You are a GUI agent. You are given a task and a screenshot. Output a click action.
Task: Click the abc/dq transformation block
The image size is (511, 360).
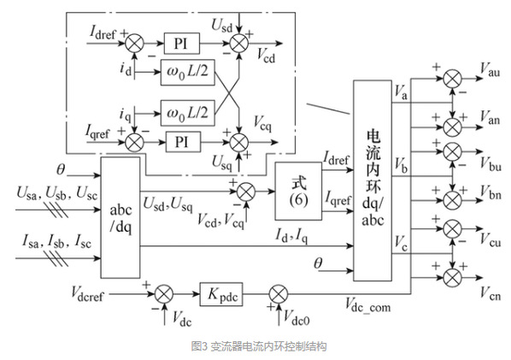[120, 217]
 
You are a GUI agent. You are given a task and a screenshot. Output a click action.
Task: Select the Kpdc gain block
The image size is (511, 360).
[221, 294]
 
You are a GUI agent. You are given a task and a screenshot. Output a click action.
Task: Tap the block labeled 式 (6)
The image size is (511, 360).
[298, 192]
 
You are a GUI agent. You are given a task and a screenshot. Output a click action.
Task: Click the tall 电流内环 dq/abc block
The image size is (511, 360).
[373, 180]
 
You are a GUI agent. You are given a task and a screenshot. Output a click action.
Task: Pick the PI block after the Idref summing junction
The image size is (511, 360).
[181, 44]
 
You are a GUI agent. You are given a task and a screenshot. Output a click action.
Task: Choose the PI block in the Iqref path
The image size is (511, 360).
[183, 142]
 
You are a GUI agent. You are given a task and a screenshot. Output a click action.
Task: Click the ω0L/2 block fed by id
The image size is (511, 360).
[188, 73]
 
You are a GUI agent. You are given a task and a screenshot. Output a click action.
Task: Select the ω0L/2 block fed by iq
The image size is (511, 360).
[188, 113]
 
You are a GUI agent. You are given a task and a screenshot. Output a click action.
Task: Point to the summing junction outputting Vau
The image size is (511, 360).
[452, 79]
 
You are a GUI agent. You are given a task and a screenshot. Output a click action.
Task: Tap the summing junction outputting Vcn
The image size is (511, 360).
[452, 278]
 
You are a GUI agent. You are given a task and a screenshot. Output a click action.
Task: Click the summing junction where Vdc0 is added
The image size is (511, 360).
[279, 294]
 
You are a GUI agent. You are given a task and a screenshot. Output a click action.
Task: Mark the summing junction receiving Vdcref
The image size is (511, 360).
[164, 294]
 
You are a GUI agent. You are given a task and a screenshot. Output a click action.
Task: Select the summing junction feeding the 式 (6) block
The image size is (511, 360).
[246, 192]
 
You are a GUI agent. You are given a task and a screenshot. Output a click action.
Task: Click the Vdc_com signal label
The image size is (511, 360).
[368, 305]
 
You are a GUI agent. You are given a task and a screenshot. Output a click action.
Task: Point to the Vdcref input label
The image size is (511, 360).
[87, 293]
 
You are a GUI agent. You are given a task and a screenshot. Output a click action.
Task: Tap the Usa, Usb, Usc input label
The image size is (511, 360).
[57, 193]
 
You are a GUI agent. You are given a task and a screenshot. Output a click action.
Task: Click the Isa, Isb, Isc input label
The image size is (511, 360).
[56, 242]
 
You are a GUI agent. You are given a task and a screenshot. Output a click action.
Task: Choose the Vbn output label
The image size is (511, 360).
[490, 192]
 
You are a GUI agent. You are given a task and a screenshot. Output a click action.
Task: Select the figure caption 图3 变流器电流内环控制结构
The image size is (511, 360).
[259, 346]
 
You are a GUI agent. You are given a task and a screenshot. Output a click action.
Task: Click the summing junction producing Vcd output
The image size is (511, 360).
[239, 44]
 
